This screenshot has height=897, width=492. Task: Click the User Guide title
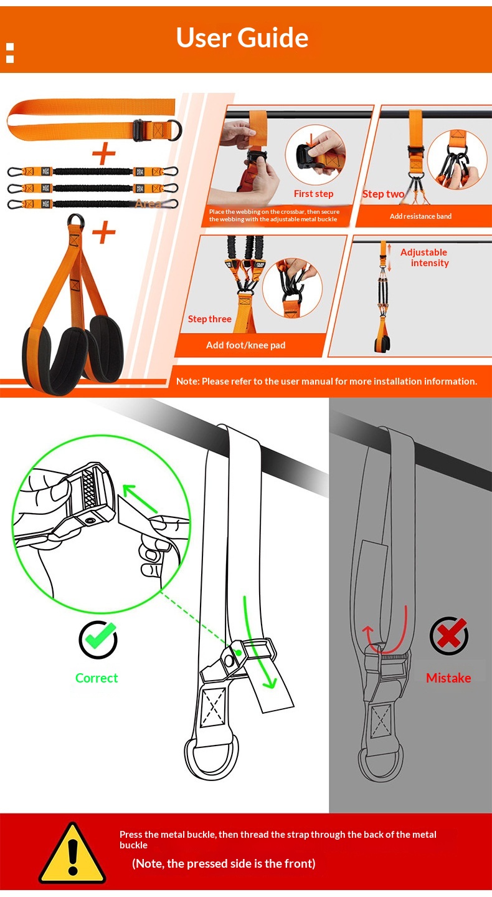(242, 37)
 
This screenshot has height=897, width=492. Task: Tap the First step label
(314, 194)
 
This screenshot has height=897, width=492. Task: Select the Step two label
(383, 194)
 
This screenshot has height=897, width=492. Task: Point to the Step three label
(210, 319)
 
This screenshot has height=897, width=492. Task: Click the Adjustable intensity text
(424, 257)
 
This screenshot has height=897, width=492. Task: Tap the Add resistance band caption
(420, 216)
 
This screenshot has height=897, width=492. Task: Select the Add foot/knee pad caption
(245, 345)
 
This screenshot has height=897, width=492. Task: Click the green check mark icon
(98, 640)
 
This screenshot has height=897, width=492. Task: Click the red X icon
(449, 636)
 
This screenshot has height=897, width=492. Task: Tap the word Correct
(97, 678)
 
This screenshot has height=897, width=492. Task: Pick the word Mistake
(448, 678)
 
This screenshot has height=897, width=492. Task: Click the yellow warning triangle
(72, 853)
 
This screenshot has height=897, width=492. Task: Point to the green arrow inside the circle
(140, 499)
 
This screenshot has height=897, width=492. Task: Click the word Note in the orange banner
(187, 381)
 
